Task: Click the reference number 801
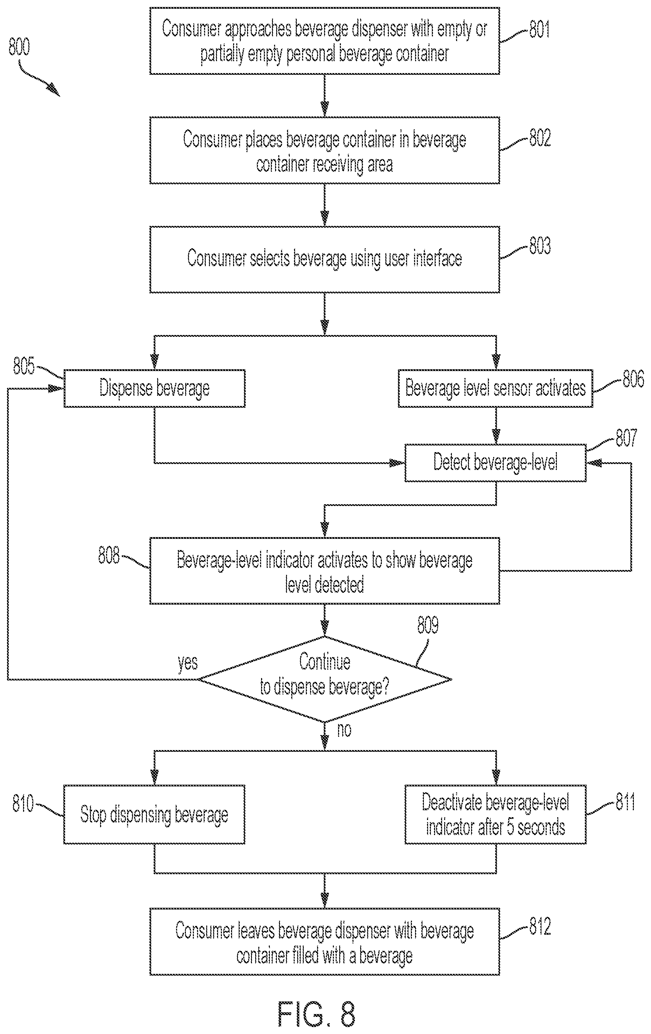coord(539,30)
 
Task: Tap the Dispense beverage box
coord(155,388)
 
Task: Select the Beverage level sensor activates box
coord(496,388)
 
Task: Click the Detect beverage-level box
coord(496,463)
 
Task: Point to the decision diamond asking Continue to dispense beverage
coord(325,679)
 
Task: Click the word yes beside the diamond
coord(188,662)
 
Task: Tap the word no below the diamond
coord(344,729)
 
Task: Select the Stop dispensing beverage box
coord(155,814)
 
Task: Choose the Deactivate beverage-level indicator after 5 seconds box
coord(496,814)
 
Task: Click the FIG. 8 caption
coord(317,1015)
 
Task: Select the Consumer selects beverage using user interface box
coord(325,259)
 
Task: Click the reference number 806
coord(633,379)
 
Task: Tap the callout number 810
coord(23,803)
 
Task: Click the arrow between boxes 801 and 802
coord(325,95)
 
